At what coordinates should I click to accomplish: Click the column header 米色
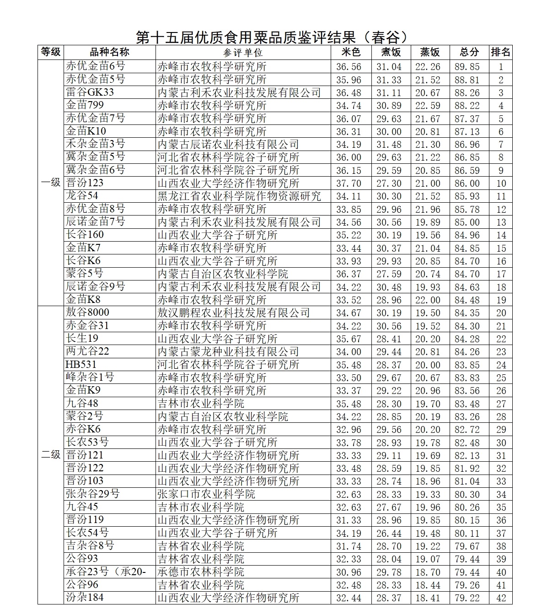[351, 52]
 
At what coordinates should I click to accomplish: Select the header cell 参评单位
[243, 52]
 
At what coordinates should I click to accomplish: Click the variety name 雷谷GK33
[90, 92]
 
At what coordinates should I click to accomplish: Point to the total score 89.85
[467, 67]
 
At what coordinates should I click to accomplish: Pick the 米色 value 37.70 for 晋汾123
[349, 183]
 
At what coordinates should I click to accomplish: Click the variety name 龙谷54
[82, 196]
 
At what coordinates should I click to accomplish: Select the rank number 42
[501, 598]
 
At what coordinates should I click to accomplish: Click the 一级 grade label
[51, 183]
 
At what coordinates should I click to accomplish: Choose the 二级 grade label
[51, 455]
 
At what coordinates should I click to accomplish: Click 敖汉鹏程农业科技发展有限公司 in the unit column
[234, 313]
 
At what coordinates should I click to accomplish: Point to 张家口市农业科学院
[206, 494]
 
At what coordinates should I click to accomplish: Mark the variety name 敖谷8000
[88, 313]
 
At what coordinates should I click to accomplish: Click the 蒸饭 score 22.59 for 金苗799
[428, 106]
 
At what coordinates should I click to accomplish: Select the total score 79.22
[467, 598]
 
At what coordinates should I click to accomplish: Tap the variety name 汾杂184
[85, 598]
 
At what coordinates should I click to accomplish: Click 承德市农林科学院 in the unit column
[201, 572]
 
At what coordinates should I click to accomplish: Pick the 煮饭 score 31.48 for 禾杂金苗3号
[389, 145]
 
